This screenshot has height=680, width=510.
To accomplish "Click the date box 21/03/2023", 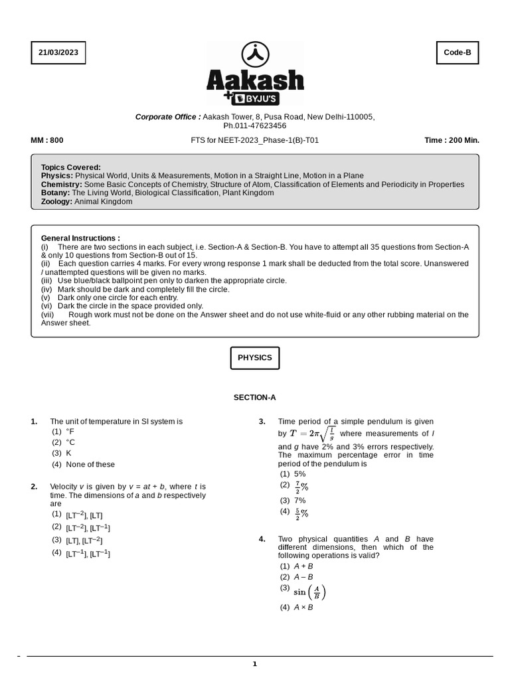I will [x=58, y=52].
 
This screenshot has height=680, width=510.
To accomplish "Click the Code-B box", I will [x=457, y=52].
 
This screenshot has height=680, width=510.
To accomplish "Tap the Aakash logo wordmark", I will [x=255, y=81].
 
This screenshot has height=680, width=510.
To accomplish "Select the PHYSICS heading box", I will [x=255, y=357].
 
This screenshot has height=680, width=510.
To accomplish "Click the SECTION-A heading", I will [x=254, y=398].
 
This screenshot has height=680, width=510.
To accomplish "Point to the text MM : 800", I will [x=47, y=140].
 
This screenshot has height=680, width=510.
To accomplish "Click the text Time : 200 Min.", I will [x=452, y=140].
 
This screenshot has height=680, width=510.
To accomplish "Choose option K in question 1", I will [x=68, y=453].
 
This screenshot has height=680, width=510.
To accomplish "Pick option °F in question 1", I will [x=70, y=432].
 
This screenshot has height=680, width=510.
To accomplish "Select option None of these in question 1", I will [x=90, y=464].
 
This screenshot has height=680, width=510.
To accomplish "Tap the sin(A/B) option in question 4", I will [x=309, y=592].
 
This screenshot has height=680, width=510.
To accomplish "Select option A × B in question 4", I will [x=303, y=607].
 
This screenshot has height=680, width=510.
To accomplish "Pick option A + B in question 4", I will [x=303, y=566].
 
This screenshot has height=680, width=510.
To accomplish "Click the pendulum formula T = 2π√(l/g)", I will [x=312, y=434].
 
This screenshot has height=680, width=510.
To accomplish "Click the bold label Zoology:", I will [x=56, y=201].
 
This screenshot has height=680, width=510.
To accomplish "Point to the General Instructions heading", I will [x=80, y=238].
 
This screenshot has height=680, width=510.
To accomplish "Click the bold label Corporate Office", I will [x=168, y=117].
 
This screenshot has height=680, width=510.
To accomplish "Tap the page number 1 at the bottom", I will [x=254, y=663].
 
